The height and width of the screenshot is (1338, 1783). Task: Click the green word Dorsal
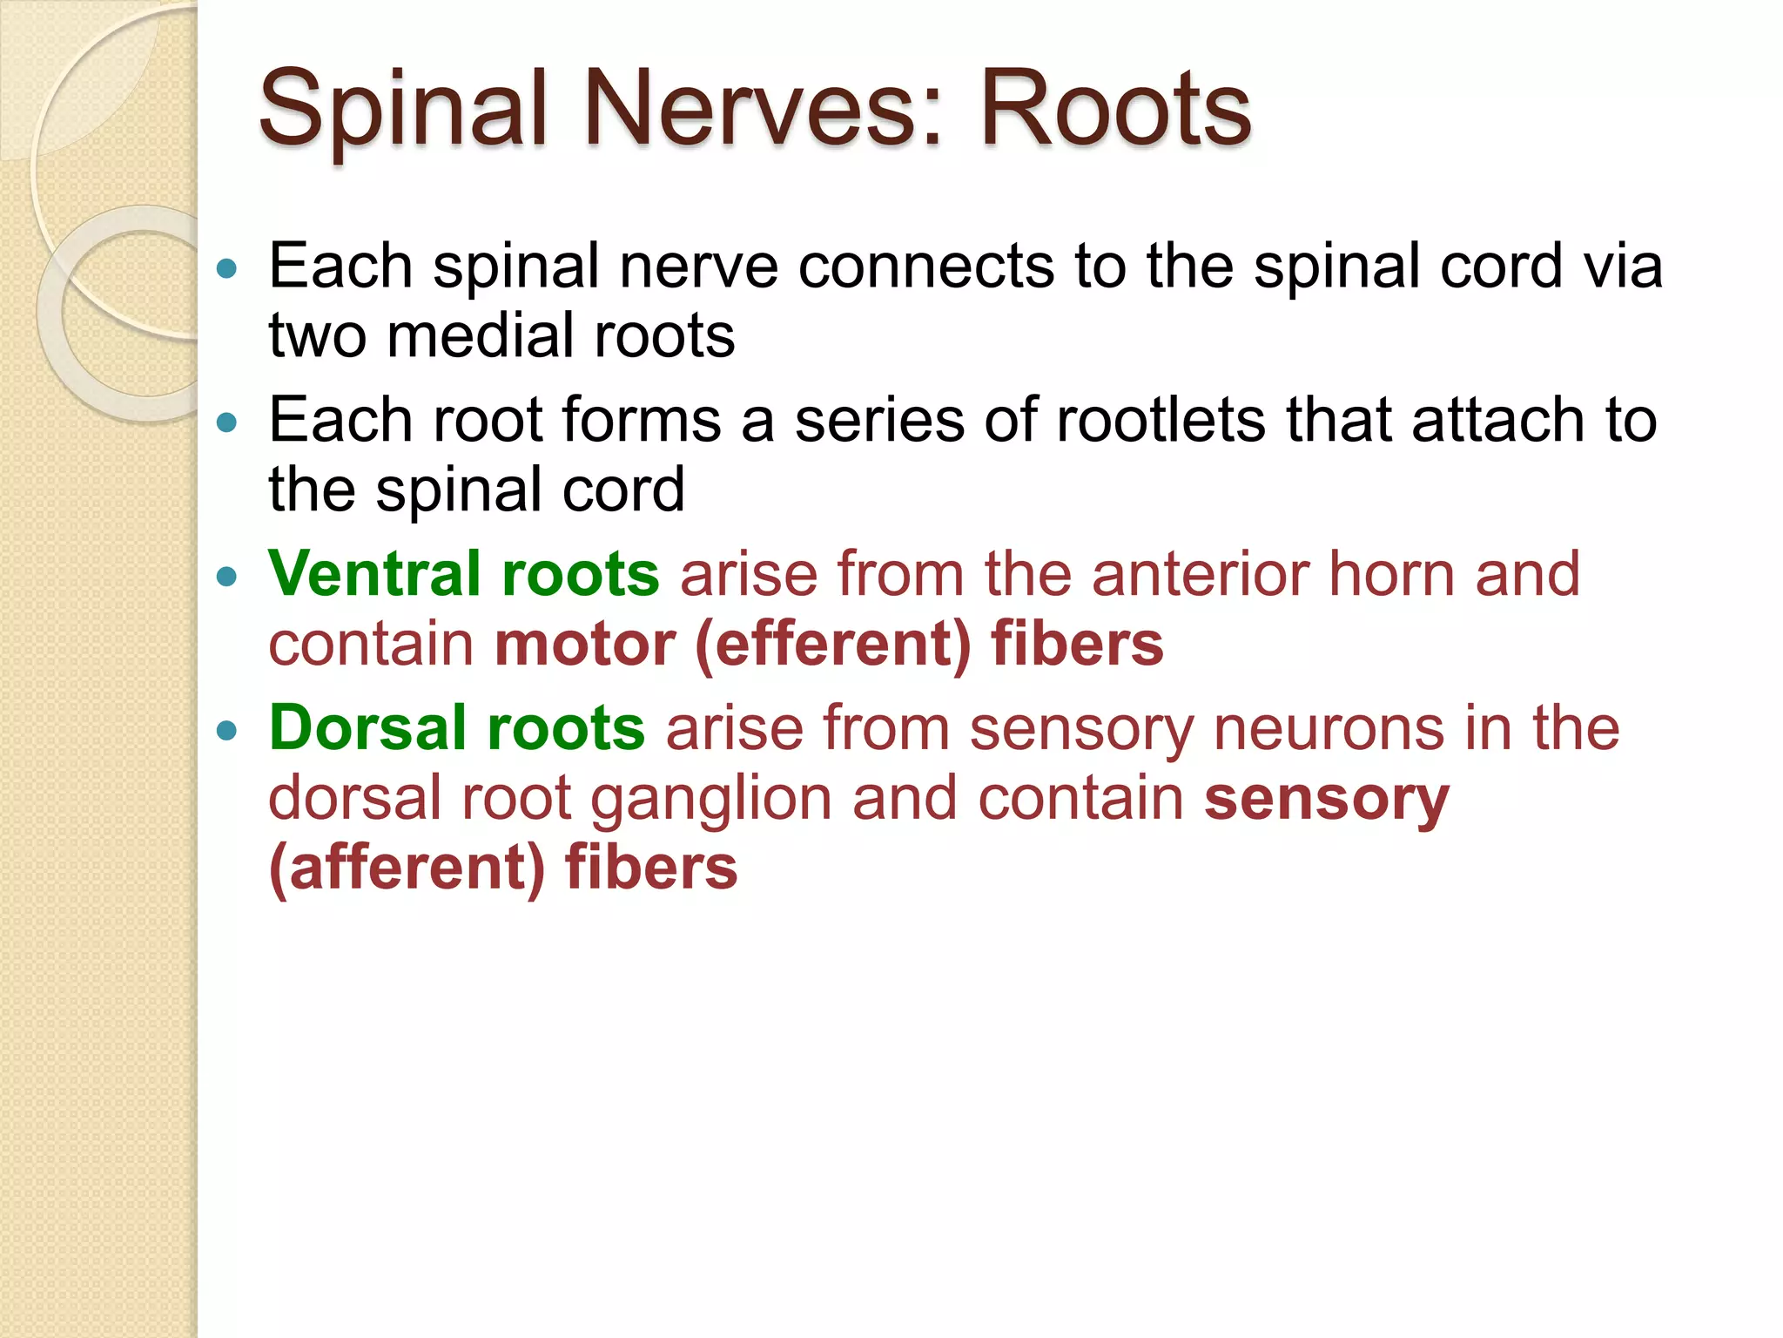367,728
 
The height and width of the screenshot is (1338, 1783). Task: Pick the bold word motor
585,645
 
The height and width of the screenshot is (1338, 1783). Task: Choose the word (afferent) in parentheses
407,868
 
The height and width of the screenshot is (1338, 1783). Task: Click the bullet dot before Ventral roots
227,576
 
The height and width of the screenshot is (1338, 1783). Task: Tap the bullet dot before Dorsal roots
227,730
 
